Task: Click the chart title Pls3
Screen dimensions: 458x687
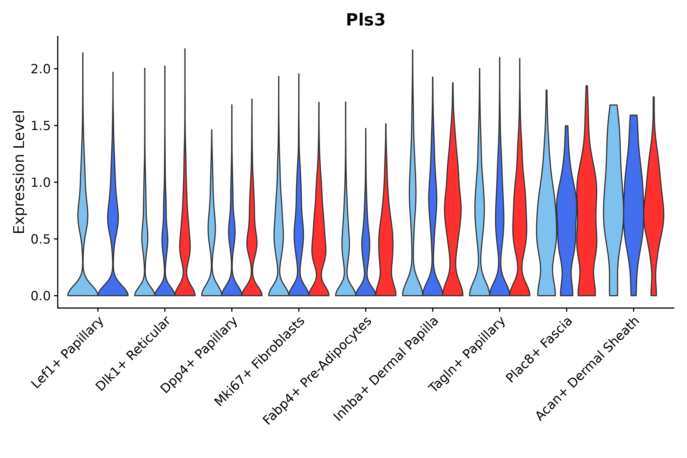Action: (x=365, y=20)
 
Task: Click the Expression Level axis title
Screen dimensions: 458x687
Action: (x=19, y=172)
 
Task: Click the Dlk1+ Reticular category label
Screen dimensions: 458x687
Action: (x=133, y=354)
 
